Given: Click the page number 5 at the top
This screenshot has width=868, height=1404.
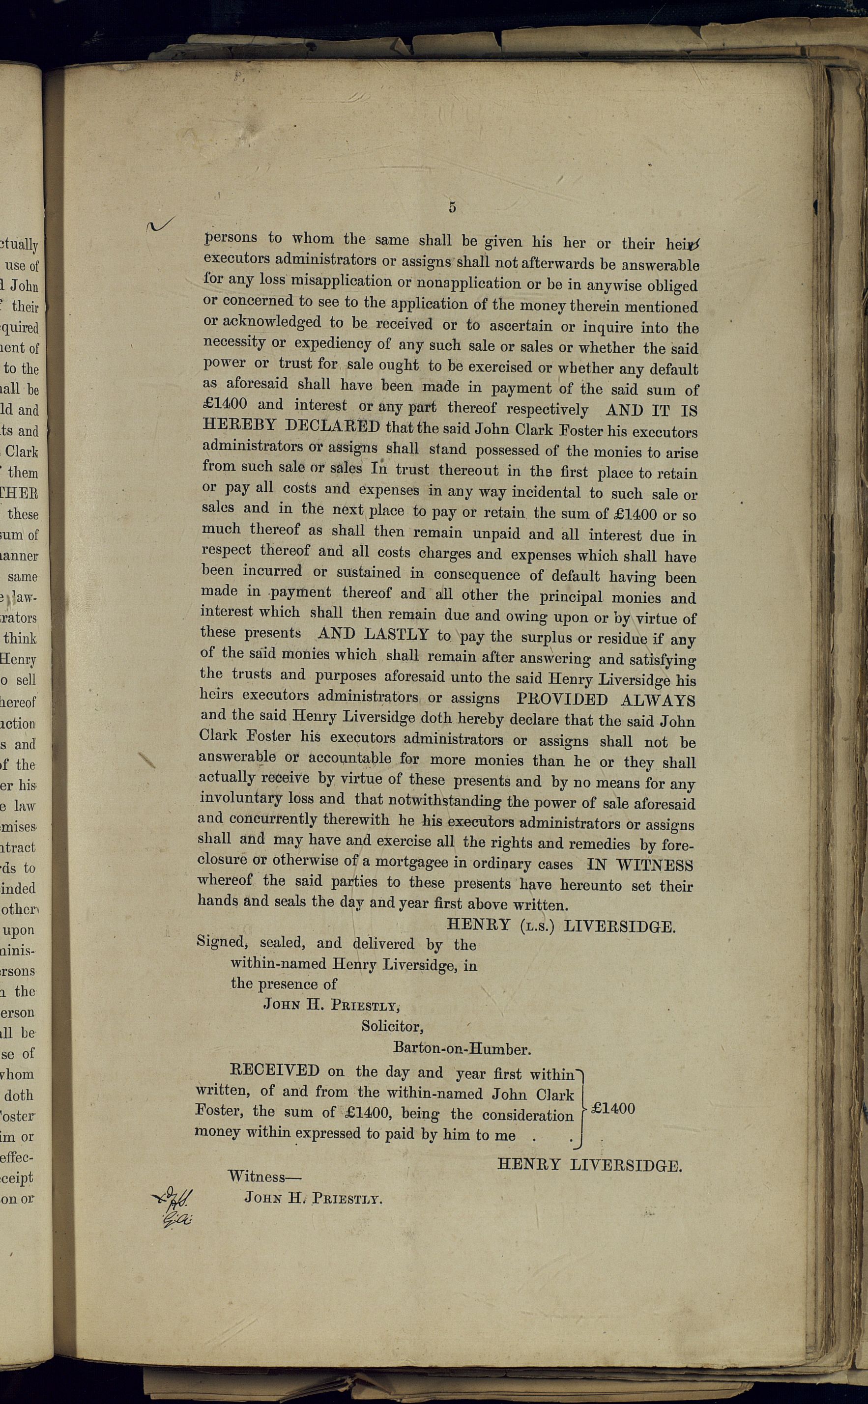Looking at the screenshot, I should pyautogui.click(x=452, y=208).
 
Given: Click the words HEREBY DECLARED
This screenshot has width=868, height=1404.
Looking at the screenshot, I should pyautogui.click(x=291, y=426).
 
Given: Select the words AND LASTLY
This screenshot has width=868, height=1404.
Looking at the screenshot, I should pyautogui.click(x=373, y=634).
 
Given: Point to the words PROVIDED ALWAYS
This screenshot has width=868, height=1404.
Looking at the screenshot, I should pyautogui.click(x=605, y=700).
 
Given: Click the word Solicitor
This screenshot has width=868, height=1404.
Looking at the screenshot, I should pyautogui.click(x=393, y=1025).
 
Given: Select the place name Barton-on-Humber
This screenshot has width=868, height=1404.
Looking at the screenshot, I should pyautogui.click(x=462, y=1048).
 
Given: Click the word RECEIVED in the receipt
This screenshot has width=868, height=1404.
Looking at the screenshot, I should pyautogui.click(x=274, y=1070).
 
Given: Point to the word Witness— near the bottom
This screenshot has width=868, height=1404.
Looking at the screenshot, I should pyautogui.click(x=264, y=1176).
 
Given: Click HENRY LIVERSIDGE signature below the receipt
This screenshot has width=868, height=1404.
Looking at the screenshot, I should pyautogui.click(x=589, y=1165).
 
